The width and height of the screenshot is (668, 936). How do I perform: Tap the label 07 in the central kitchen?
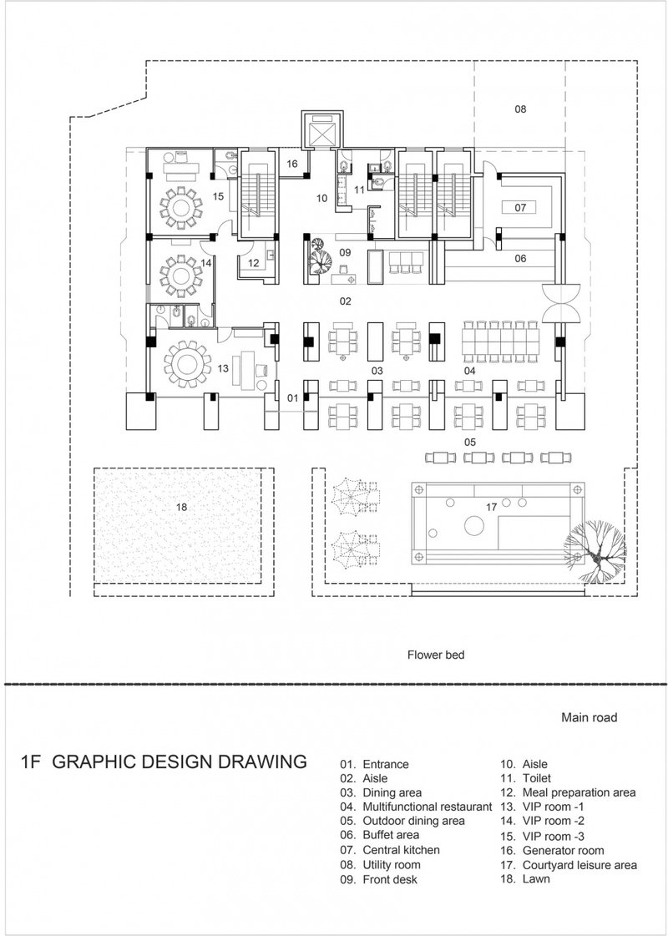click(519, 206)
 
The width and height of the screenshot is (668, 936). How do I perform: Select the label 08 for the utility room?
click(519, 109)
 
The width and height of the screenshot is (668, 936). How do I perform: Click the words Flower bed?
click(435, 655)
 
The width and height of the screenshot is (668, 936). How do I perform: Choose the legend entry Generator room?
click(563, 850)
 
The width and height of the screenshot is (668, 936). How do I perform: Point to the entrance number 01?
click(292, 398)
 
